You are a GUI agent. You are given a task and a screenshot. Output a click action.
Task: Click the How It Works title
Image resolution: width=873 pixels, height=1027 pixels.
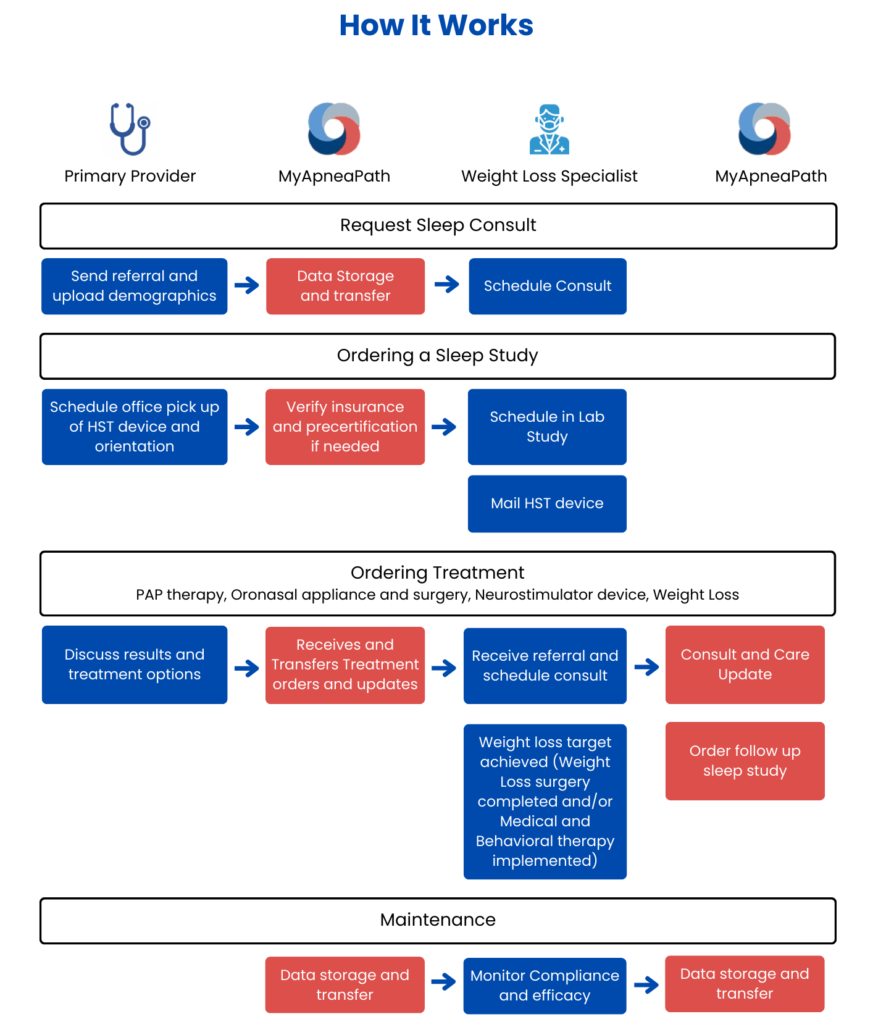(436, 25)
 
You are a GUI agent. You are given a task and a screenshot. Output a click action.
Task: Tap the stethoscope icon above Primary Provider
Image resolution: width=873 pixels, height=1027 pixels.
(130, 129)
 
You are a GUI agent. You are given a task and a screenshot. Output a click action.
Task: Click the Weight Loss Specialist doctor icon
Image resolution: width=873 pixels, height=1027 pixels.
(549, 129)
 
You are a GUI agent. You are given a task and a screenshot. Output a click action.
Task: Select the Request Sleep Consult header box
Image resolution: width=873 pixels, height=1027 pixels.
(438, 226)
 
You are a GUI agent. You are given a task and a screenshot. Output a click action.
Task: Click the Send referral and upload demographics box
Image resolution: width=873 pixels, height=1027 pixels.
(135, 286)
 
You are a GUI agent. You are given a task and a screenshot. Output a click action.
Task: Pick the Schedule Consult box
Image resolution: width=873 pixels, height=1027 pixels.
(548, 286)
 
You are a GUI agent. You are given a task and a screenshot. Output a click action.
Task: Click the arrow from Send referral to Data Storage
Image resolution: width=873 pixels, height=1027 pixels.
(247, 285)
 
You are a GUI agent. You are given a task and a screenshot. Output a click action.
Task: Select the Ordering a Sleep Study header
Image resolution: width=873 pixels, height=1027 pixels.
(438, 356)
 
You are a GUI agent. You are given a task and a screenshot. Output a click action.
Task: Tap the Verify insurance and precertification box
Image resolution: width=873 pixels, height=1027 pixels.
(345, 427)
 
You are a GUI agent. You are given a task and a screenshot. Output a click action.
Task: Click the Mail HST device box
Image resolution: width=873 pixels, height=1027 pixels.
(547, 503)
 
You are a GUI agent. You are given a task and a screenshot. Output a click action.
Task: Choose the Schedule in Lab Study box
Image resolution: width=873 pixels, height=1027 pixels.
(547, 427)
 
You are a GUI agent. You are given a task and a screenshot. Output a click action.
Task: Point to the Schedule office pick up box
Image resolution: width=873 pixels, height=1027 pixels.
(135, 427)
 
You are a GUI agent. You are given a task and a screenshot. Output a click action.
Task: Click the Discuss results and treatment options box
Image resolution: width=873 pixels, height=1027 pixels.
(135, 664)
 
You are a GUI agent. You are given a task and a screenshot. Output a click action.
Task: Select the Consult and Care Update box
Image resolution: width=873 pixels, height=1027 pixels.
(745, 664)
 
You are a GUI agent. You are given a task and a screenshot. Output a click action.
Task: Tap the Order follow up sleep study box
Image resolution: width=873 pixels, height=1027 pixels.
(745, 761)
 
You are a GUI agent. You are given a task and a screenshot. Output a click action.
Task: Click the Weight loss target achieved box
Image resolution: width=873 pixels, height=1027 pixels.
(545, 802)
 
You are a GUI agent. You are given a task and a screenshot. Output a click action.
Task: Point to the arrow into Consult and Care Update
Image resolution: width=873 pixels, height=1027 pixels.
(646, 667)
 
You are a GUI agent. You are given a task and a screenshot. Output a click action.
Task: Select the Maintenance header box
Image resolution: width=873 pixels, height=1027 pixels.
(438, 921)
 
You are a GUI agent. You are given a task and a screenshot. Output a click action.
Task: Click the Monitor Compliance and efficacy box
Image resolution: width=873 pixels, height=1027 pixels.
(545, 986)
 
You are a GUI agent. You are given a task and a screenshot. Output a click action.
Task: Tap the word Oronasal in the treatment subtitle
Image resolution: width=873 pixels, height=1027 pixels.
(260, 595)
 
